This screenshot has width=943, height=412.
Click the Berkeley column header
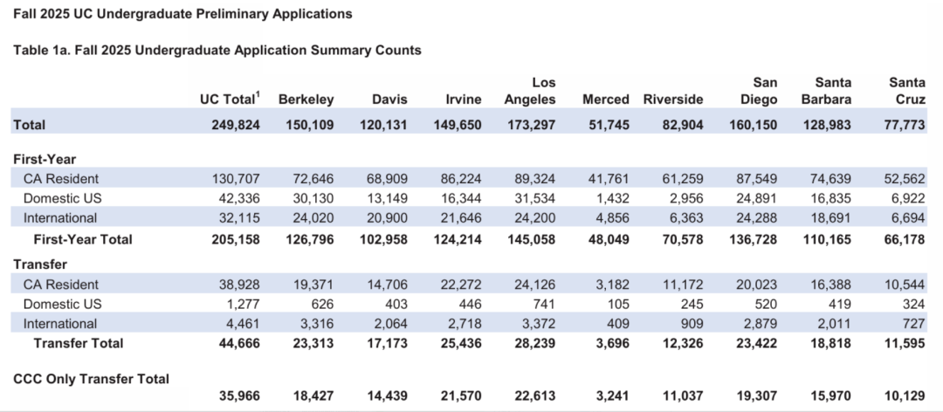point(306,100)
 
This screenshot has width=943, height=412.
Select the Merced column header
point(606,100)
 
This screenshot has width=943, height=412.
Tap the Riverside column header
point(673,100)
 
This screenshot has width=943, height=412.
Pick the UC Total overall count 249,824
point(236,125)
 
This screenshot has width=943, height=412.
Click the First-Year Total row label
point(83,239)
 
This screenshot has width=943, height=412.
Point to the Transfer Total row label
point(79,343)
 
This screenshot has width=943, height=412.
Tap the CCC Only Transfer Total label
point(92,379)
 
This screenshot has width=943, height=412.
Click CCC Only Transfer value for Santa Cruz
point(906,396)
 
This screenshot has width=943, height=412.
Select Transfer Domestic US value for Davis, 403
point(396,304)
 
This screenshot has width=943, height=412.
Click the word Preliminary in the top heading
point(231,14)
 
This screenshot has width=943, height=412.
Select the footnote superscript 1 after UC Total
point(258,94)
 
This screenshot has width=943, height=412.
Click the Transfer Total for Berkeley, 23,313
point(312,343)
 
